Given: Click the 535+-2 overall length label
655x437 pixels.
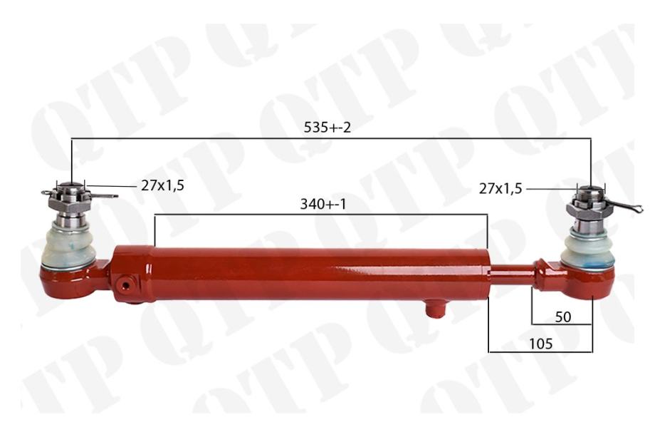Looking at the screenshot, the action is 327,127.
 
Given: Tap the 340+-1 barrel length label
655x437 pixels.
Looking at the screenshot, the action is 323,204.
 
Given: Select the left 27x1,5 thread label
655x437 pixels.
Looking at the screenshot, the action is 162,185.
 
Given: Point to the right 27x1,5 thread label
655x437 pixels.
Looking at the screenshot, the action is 501,189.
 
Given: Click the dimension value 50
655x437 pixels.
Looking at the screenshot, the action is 562,317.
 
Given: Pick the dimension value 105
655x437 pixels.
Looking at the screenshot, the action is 540,344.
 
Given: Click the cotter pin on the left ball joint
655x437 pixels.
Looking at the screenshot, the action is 79,195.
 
